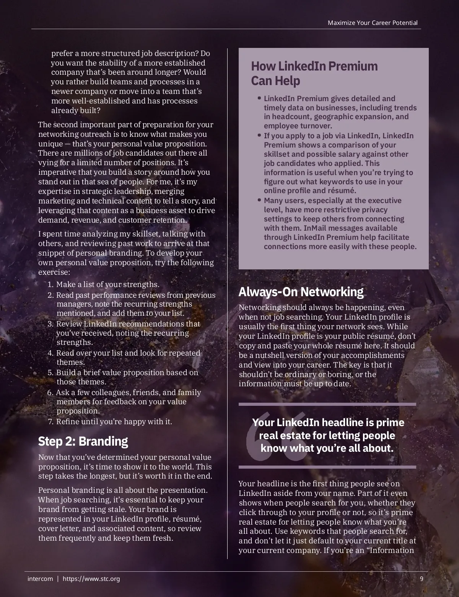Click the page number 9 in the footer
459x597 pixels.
[422, 579]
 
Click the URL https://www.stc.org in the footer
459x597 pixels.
[91, 579]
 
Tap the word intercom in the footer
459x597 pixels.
[40, 579]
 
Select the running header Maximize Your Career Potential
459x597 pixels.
[373, 23]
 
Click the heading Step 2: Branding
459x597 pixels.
[83, 441]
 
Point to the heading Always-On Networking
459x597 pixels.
[301, 292]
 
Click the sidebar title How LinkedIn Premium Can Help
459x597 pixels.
[314, 73]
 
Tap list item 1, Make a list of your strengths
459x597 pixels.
[107, 284]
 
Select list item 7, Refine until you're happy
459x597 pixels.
[114, 422]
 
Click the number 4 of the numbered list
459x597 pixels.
[50, 353]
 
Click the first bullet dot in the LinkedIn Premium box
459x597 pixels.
[260, 98]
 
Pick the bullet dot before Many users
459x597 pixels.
[260, 200]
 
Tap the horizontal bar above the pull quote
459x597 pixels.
[327, 404]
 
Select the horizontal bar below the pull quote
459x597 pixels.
[327, 467]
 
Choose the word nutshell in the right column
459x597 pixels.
[269, 355]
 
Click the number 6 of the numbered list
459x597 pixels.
[50, 393]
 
